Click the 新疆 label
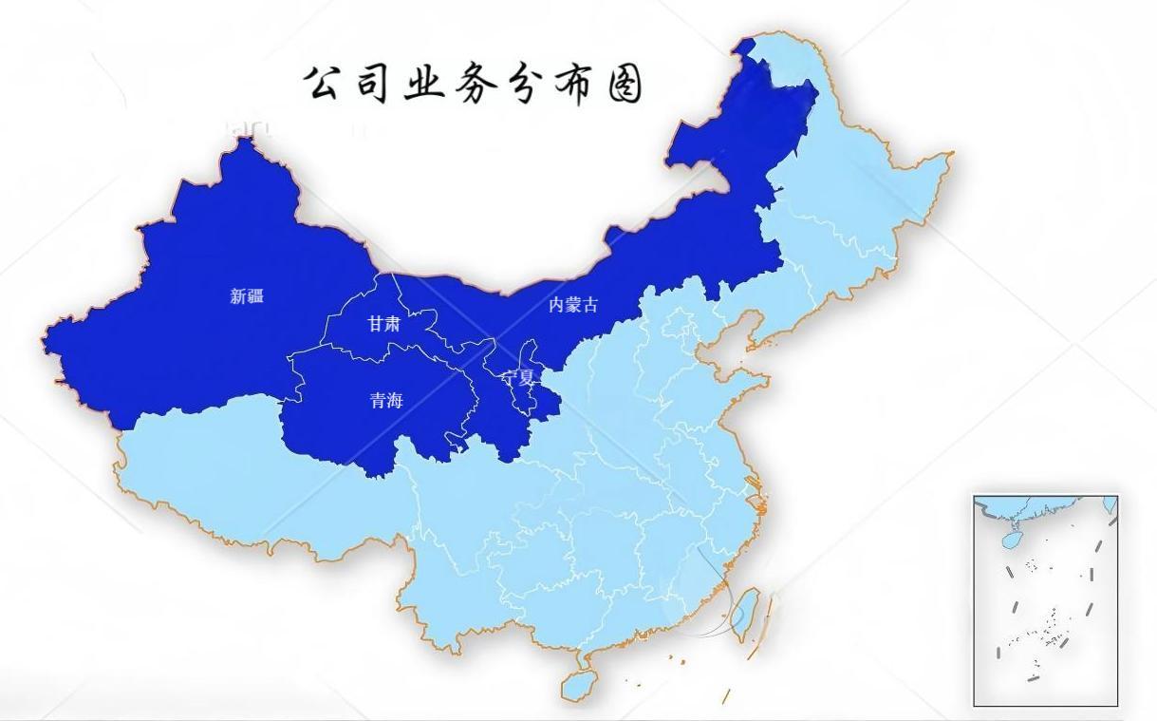(247, 296)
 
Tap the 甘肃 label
(383, 324)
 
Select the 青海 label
(386, 401)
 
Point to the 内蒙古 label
(573, 305)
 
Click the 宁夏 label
(519, 377)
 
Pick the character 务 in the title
(475, 84)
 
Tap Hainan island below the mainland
(578, 683)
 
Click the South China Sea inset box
(1045, 600)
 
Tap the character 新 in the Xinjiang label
(238, 296)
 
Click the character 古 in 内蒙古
(590, 305)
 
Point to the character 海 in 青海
(395, 401)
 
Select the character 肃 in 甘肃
(392, 324)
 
